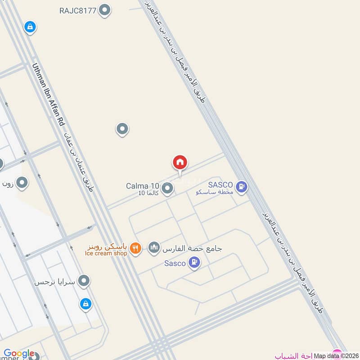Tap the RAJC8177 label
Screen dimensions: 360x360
(x=78, y=10)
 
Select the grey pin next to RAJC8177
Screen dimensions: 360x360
(x=105, y=10)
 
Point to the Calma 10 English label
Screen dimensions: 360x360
(x=142, y=185)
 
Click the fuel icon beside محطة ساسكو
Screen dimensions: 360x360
(x=242, y=186)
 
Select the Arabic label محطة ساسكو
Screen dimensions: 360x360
(x=215, y=192)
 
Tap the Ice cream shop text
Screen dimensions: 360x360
(x=106, y=253)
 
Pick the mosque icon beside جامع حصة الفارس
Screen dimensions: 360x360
(x=154, y=247)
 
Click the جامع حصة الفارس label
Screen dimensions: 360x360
(x=192, y=248)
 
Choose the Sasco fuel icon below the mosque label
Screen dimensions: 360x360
(x=194, y=262)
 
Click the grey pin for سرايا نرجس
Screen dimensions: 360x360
(x=84, y=282)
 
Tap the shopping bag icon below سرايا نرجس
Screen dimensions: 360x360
(x=85, y=305)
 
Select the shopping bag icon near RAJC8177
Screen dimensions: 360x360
(x=30, y=27)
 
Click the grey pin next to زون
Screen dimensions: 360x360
(x=22, y=183)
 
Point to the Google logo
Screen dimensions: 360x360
(x=19, y=353)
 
